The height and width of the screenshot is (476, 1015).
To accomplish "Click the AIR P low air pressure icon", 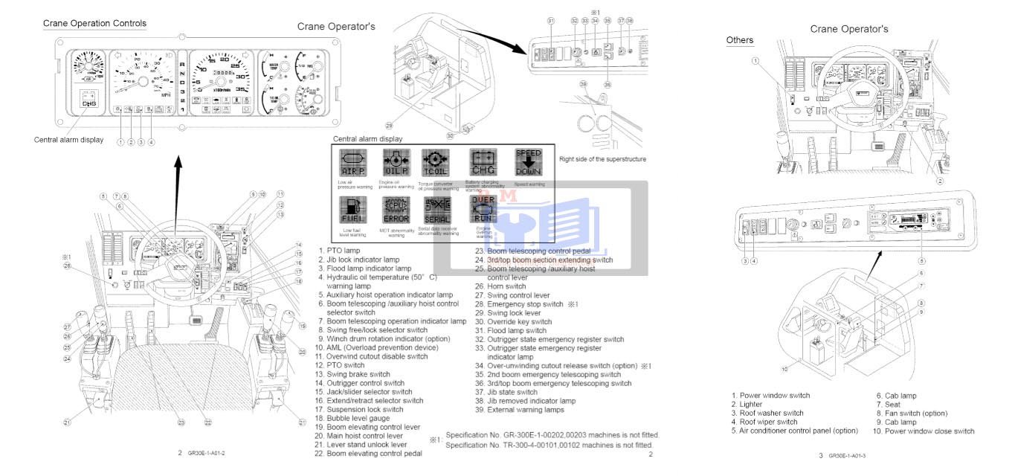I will point(352,162).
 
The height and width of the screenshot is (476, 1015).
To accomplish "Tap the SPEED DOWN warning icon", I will point(528,162).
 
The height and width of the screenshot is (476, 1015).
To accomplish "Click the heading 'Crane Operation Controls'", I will point(94,23).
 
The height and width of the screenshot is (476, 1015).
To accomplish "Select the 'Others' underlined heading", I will point(739,40).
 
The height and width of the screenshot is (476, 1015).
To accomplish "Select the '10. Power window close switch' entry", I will point(924,431).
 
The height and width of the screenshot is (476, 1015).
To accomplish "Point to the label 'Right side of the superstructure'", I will point(602,159).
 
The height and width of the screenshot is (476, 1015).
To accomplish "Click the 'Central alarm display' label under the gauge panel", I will point(68,140).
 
